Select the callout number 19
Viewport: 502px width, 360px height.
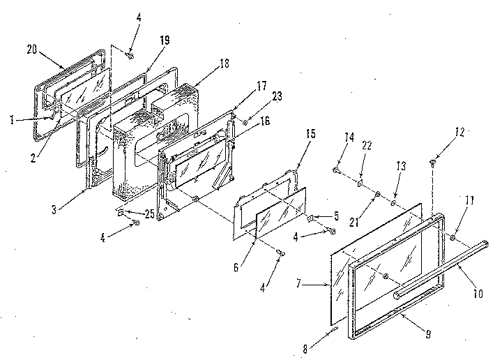(165, 41)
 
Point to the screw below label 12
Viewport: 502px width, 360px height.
(432, 164)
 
